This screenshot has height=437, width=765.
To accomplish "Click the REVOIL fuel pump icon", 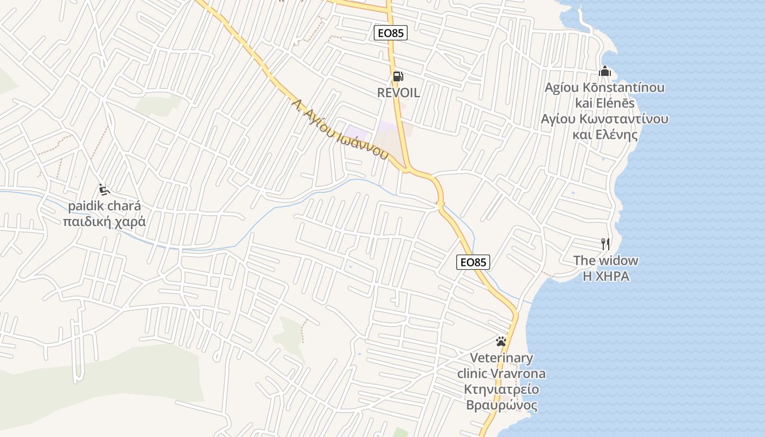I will click(x=398, y=76).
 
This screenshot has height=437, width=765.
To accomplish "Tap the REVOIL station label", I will click(x=398, y=93).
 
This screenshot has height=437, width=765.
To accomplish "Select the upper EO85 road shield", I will click(x=391, y=33).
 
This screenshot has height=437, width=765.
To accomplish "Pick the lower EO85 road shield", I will click(x=473, y=262).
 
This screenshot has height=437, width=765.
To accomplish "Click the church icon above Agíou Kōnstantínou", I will click(x=605, y=71).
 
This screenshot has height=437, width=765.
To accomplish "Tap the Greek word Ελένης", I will click(x=617, y=134).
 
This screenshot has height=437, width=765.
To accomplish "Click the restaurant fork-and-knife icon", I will click(x=605, y=244).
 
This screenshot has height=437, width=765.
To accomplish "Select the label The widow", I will click(x=605, y=261).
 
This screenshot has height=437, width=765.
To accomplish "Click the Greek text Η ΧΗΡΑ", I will click(x=605, y=277).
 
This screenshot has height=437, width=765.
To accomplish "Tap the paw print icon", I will click(x=501, y=342).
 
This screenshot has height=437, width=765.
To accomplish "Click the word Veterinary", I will click(x=501, y=358).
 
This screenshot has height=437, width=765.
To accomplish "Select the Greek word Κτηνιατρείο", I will click(x=501, y=389).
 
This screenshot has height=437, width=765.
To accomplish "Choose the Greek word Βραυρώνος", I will click(x=501, y=405).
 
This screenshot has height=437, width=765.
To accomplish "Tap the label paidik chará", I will click(x=104, y=206).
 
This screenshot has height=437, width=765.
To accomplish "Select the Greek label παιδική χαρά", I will click(x=104, y=222).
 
